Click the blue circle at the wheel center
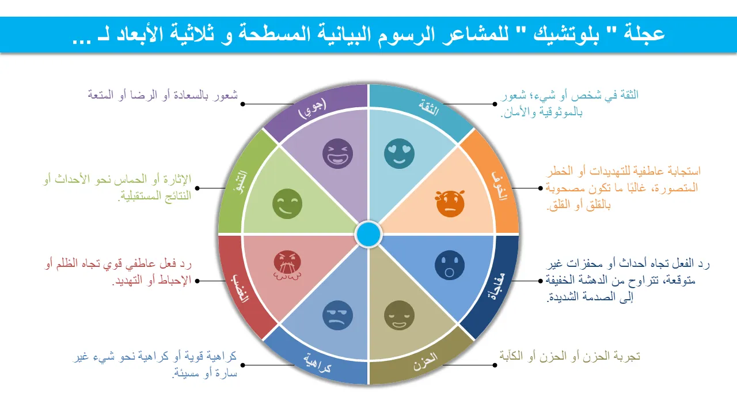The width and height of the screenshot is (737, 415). (x=368, y=234)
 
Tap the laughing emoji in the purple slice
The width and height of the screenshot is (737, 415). (x=337, y=153)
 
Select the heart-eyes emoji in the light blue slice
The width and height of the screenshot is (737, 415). (x=399, y=153)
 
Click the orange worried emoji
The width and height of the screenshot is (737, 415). (x=450, y=203)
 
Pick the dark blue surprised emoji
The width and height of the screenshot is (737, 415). (x=450, y=265)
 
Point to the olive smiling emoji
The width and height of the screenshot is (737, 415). (x=399, y=315)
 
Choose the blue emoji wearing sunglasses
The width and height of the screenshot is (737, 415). (x=337, y=315)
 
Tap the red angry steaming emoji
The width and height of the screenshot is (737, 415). (x=287, y=266)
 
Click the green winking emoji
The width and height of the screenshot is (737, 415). (x=287, y=203)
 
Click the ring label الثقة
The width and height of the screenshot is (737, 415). (x=429, y=108)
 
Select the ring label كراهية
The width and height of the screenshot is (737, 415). (x=317, y=363)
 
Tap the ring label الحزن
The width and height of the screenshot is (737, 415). (x=426, y=361)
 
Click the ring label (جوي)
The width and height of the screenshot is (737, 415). (x=312, y=108)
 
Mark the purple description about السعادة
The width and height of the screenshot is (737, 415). (x=162, y=95)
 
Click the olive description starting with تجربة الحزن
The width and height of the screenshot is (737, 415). (x=569, y=356)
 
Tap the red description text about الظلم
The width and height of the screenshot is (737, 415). (x=118, y=272)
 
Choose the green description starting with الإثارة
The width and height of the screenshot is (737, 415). (x=117, y=188)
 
